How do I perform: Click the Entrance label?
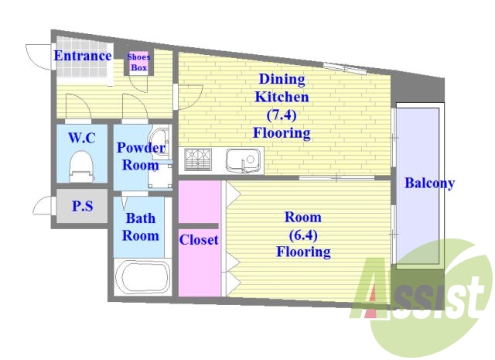pyautogui.click(x=83, y=56)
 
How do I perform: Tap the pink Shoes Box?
pyautogui.click(x=138, y=63)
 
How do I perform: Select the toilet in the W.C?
pyautogui.click(x=81, y=166)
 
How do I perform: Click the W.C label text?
pyautogui.click(x=82, y=138)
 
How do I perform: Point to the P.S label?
pyautogui.click(x=83, y=206)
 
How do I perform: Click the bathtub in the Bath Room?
pyautogui.click(x=142, y=277)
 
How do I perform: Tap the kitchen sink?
pyautogui.click(x=243, y=160)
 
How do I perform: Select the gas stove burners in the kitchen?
pyautogui.click(x=198, y=159)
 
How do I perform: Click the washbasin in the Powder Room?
pyautogui.click(x=160, y=141)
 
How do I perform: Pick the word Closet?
pyautogui.click(x=199, y=240)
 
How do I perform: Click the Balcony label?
pyautogui.click(x=430, y=183)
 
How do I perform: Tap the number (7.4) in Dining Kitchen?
pyautogui.click(x=282, y=115)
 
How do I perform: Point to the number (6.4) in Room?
pyautogui.click(x=303, y=235)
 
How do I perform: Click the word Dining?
pyautogui.click(x=282, y=79)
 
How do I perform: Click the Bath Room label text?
pyautogui.click(x=141, y=227)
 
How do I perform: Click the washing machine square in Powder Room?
pyautogui.click(x=160, y=176)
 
